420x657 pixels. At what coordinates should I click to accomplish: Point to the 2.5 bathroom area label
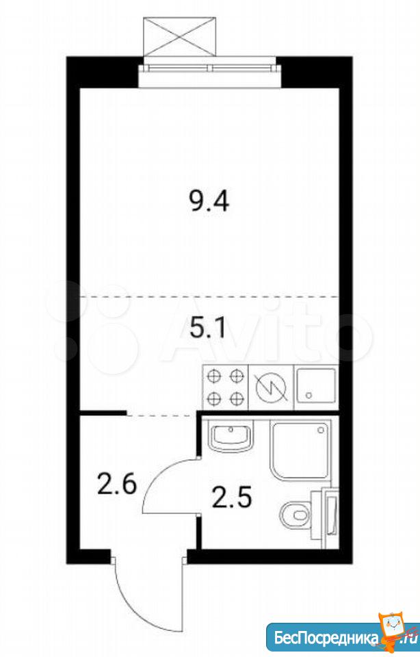click(232, 498)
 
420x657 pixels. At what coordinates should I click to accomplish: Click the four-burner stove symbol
click(225, 387)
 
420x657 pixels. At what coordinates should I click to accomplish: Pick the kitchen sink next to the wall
click(316, 387)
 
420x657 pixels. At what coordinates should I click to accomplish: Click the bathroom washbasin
click(231, 437)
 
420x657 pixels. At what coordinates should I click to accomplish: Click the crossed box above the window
click(179, 36)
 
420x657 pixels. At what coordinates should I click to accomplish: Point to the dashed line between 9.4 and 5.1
click(209, 296)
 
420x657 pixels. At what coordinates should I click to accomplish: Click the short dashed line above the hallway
click(161, 415)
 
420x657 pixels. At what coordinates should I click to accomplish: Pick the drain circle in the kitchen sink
click(309, 395)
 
